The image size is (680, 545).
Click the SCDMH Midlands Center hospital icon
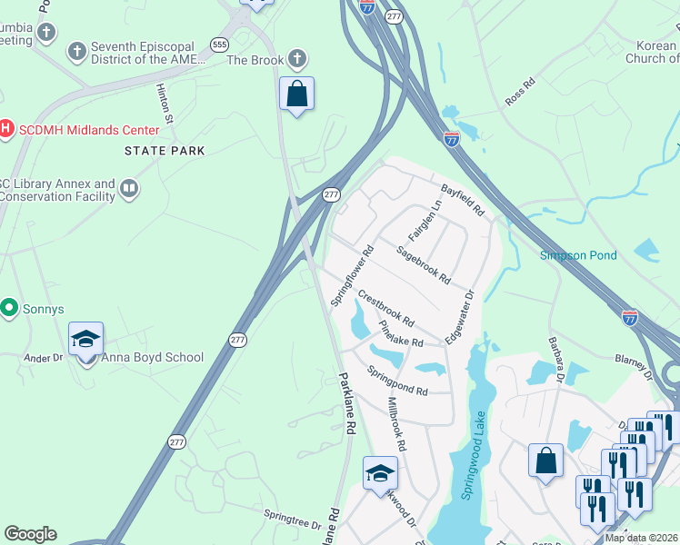coord(6,130)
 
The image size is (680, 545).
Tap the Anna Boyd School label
coord(152,357)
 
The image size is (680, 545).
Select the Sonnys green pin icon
coord(10,309)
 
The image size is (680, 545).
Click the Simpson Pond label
coord(578,255)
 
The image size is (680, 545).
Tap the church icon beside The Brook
coord(296,60)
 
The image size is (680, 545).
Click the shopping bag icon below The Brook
coord(296,94)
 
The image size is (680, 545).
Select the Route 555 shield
coord(218,44)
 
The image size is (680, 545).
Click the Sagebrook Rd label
coord(424,264)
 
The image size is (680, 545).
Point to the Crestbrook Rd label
coord(385,309)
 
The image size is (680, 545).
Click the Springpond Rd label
coord(397,381)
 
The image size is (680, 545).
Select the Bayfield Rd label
coord(463,200)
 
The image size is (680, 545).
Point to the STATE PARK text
coord(165,151)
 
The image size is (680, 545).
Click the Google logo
coord(30,533)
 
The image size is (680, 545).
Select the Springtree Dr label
coord(293,520)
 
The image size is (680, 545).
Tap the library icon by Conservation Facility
coord(129,190)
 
